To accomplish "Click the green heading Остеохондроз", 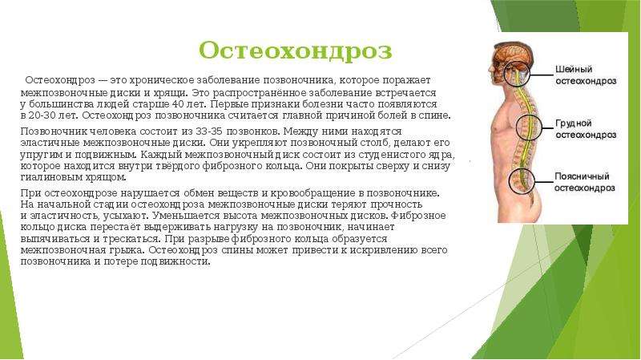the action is (295, 51).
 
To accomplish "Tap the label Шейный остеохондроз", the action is (586, 75).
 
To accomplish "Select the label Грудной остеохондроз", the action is (586, 129).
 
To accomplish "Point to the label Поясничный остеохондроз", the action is (585, 182).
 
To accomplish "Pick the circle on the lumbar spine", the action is (509, 181).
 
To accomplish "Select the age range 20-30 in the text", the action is (42, 115).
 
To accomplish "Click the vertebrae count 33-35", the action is (209, 131).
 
